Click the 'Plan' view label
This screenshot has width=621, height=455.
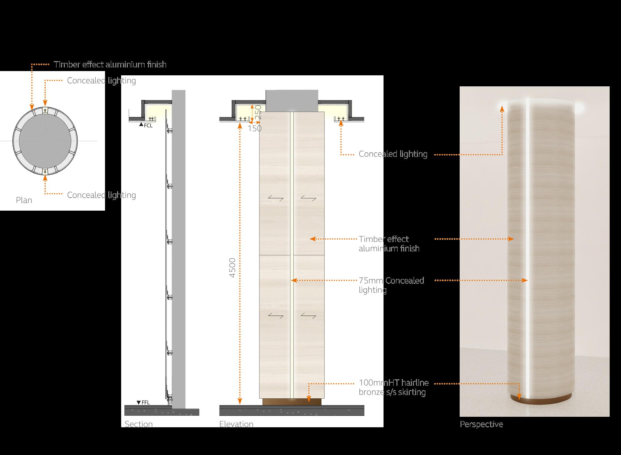24,200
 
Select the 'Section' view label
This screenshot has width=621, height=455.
139,424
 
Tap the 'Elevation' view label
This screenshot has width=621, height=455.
236,424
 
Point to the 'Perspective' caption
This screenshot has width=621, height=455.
481,424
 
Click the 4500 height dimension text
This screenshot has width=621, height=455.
232,268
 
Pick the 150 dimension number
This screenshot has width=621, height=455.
254,129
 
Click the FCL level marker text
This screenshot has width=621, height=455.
148,126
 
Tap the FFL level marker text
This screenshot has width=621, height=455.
145,402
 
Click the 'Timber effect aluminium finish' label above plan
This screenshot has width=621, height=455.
110,65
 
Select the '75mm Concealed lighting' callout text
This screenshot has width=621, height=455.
391,285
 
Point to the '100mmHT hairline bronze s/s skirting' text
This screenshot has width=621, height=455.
393,387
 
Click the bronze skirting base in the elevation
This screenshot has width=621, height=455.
292,402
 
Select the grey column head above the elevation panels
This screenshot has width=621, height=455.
292,101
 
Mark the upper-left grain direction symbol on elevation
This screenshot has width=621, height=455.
276,198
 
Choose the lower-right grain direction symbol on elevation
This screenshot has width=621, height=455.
308,315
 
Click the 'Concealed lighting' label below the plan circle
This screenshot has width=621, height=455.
101,195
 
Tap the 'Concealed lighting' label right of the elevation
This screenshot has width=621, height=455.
393,154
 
